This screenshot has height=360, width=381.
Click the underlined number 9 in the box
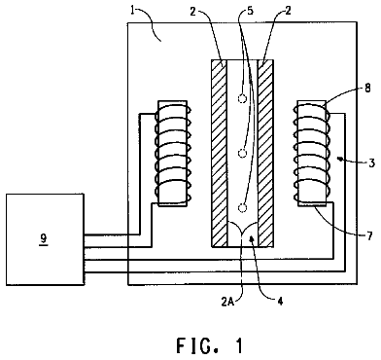coord(44,238)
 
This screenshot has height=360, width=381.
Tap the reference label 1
coord(132,11)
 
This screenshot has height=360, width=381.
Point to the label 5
coord(250,11)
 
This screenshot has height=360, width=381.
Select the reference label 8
coord(367,88)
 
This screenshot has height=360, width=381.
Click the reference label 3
coord(372,162)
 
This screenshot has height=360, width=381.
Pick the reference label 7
coord(369,234)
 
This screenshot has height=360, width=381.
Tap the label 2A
coord(228,302)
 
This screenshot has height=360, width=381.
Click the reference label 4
coord(280,302)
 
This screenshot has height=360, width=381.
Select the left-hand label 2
coord(192,11)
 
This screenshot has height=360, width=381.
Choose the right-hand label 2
coord(288,11)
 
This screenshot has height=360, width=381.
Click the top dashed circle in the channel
coord(242,98)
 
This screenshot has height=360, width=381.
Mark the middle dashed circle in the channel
coord(242,153)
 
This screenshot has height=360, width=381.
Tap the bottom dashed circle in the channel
coord(242,207)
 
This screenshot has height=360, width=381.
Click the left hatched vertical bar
coord(219,154)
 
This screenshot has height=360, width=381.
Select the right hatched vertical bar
coord(265,154)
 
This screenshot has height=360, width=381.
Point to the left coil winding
coord(174,153)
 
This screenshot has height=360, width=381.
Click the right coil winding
coord(311,153)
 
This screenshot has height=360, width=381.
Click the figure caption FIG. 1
coord(210,345)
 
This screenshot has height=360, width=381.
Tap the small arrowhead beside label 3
coord(339,159)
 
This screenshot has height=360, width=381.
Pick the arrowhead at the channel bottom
coord(251,239)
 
